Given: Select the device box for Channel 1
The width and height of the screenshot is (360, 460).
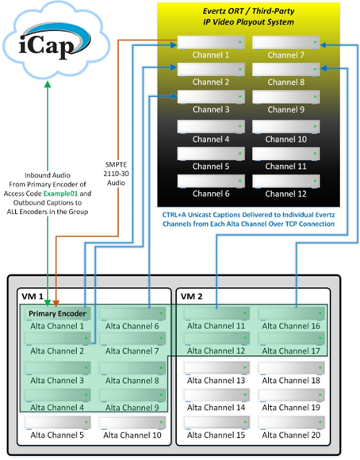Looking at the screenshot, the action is coord(211,43).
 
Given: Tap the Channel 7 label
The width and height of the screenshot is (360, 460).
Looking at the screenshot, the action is coord(285,55).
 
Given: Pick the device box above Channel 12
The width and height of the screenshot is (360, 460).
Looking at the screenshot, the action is coord(286,182).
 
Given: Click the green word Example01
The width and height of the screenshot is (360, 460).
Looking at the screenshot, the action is coord(60,194).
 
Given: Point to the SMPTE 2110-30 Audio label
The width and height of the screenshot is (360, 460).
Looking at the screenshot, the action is coord(117,174).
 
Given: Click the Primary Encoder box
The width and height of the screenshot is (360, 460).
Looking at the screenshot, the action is coord(58,314).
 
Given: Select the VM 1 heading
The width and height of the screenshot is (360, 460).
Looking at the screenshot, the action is coord(33,297).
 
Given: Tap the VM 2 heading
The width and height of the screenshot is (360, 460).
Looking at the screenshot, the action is coord(191,297).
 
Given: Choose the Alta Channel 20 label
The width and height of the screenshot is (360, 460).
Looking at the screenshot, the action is coord(291,435).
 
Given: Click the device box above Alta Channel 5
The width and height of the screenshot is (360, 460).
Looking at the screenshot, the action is coord(58,423).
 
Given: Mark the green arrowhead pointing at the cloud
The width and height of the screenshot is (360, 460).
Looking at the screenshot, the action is coord(48,84).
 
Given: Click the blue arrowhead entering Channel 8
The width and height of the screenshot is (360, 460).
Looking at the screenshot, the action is coord(324,69).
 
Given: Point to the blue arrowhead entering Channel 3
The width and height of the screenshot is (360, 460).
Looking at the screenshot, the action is coord(174,96).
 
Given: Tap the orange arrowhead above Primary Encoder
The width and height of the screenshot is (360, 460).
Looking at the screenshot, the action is coord(56,303).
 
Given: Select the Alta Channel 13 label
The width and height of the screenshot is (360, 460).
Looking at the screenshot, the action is coord(216,381).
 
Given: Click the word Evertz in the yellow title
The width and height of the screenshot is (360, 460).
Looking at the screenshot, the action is coord(214,11).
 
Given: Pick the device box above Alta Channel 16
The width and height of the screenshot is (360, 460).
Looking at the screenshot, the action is coord(292,313).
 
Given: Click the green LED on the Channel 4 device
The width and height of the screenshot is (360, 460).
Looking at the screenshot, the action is coord(240,126).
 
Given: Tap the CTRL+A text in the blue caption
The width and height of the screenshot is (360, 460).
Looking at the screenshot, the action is coord(174,215).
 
